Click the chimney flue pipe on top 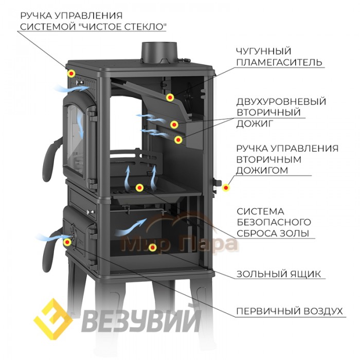point(159,53)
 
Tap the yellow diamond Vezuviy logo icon point(53,319)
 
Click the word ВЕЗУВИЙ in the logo point(141,320)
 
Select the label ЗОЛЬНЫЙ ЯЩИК point(279,274)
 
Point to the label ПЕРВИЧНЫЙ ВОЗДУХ point(290,311)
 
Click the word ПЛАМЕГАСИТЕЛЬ point(279,62)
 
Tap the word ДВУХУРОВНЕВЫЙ point(281,101)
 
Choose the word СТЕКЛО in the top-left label point(146,27)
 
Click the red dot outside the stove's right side point(226,188)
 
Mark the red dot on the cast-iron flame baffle point(170,97)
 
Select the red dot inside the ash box point(152,247)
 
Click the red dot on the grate point(139,188)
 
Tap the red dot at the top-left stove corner point(71,74)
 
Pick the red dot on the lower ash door point(67,242)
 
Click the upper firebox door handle point(51,159)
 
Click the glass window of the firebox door point(75,139)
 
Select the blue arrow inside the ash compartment point(131,227)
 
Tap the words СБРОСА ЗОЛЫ point(273,233)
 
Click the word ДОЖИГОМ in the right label point(262,170)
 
